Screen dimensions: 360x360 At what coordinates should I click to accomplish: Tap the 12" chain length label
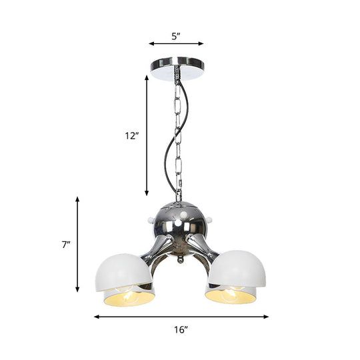[131, 136]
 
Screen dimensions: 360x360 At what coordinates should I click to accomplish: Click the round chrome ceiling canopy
[177, 69]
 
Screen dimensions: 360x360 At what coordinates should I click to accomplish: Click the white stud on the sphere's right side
[210, 218]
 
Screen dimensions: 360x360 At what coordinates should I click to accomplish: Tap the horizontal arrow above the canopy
[176, 45]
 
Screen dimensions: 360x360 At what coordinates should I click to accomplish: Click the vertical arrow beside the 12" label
[147, 136]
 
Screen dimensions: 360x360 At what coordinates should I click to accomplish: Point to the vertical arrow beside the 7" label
[78, 245]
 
